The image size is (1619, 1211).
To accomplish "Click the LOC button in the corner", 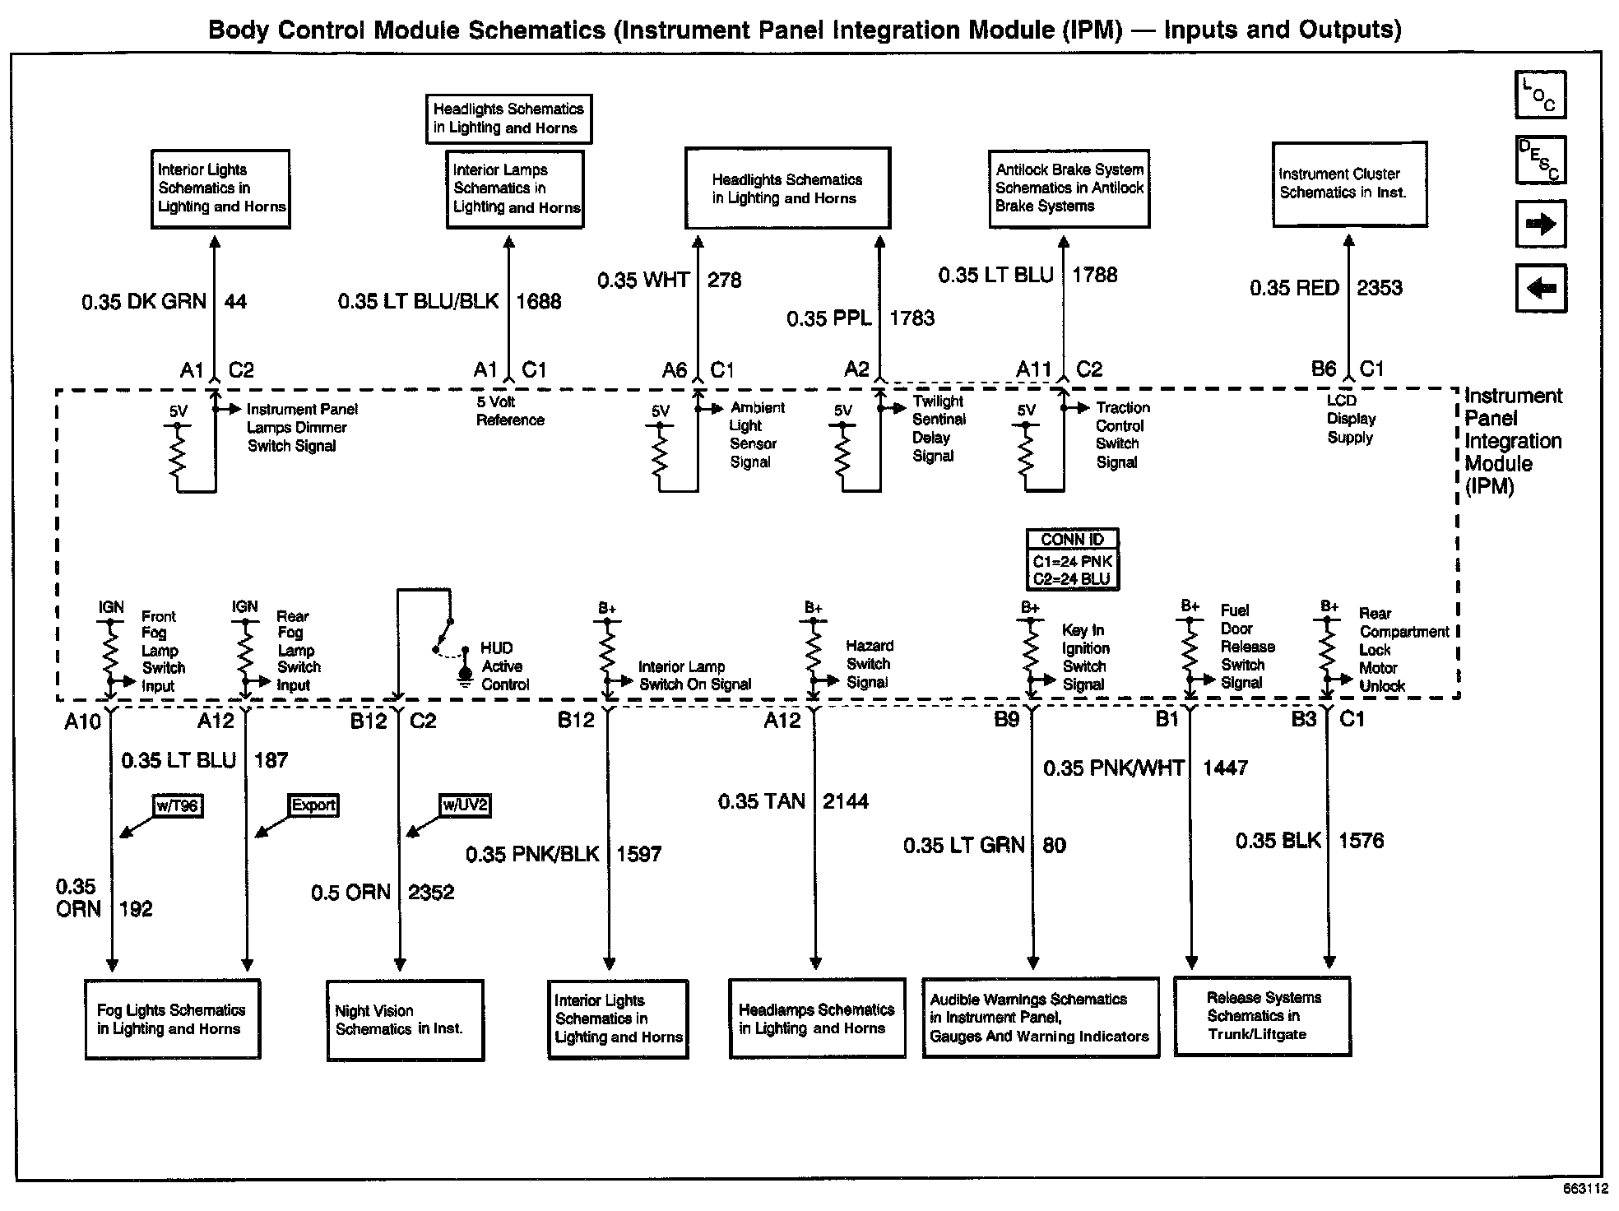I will (1540, 95).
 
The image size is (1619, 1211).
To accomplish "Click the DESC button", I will (1540, 160).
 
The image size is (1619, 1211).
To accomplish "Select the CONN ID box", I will (1073, 559).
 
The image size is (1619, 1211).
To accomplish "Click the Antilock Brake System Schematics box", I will (1069, 188).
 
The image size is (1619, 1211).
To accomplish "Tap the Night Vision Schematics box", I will (405, 1020).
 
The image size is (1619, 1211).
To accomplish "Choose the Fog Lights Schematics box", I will (173, 1019).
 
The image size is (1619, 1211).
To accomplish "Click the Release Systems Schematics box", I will (1262, 1016).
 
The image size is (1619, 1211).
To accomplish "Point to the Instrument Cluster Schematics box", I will (1349, 183).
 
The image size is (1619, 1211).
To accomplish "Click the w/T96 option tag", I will (178, 805).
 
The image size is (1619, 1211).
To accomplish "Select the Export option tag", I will (313, 805).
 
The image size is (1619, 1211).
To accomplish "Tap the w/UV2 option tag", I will (465, 805).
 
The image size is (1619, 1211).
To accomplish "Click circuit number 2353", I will (1380, 288).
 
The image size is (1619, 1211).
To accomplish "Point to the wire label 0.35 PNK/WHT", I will (1114, 768).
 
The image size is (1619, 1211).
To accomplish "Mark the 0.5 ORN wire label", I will (350, 893).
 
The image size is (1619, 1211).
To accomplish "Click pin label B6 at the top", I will (1324, 369).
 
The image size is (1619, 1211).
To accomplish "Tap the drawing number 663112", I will (1585, 1189).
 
